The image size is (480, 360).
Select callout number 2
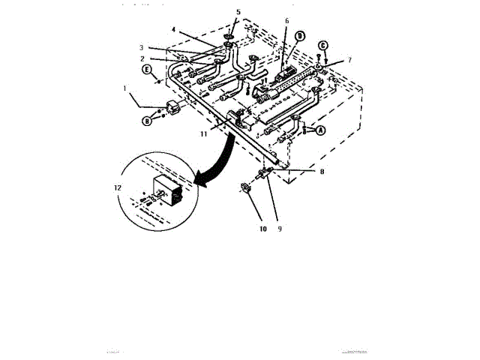162,58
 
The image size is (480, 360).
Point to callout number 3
162,47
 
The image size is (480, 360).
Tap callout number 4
173,30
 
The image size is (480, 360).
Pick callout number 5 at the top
238,13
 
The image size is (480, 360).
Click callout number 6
286,22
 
